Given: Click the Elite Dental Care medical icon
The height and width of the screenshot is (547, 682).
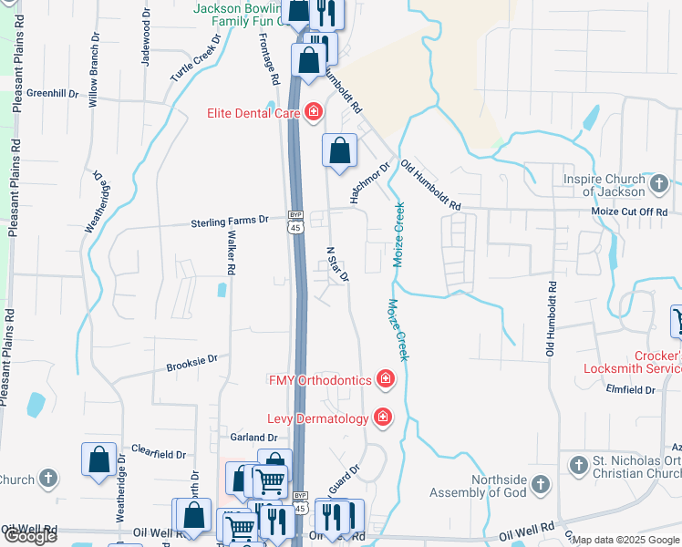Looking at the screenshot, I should click(313, 112).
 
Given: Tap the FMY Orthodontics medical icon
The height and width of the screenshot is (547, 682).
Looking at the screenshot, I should click(386, 378).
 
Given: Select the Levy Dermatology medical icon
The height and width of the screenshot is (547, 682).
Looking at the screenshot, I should click(382, 418).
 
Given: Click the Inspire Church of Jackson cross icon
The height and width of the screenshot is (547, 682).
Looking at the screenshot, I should click(661, 185).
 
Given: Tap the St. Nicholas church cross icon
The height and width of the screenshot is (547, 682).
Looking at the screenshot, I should click(578, 466).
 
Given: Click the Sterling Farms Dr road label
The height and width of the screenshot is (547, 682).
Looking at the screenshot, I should click(229, 221).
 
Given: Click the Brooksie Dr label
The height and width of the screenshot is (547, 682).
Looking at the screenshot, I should click(191, 363).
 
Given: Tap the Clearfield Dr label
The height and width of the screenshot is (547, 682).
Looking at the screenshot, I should click(159, 453).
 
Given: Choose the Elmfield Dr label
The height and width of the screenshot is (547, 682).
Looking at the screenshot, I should click(631, 389).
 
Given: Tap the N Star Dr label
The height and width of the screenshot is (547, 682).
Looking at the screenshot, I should click(337, 263).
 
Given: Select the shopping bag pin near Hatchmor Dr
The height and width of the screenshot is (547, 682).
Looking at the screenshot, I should click(339, 151).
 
